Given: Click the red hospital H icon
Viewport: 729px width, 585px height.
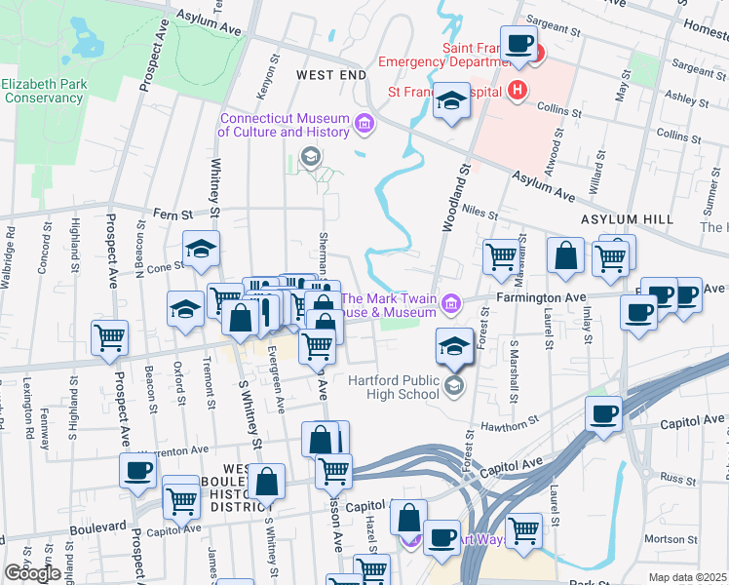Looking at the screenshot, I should pos(517,92).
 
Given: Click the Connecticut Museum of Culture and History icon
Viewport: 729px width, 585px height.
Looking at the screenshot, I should pos(364,124).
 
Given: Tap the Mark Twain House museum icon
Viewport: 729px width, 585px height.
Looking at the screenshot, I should pos(450,305).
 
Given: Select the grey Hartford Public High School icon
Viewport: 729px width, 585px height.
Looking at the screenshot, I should pos(453,387).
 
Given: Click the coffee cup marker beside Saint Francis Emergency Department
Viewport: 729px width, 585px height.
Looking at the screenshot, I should pos(518,44).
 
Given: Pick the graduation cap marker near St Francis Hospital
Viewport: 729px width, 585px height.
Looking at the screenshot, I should pos(450,100).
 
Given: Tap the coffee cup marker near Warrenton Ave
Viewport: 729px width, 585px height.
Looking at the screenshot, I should pos(137,470).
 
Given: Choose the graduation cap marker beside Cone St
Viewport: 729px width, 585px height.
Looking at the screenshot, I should pos(201,249).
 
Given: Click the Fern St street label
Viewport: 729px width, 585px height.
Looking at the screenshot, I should pos(170,214).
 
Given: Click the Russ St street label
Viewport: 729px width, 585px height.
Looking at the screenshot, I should pos(673,478).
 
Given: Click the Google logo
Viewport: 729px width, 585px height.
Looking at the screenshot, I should pos(32,573).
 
